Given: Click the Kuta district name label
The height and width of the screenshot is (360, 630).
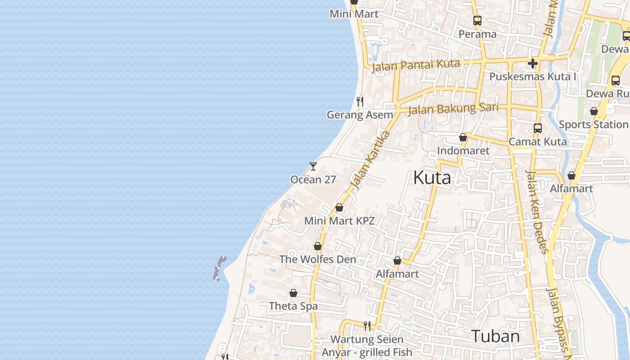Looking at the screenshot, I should tap(432, 178).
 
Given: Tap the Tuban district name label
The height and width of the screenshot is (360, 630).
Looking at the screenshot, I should tap(495, 336).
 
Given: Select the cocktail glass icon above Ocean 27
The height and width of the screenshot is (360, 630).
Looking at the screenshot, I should tap(313, 166).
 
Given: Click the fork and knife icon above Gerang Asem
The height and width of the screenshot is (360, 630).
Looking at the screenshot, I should tap(360, 102).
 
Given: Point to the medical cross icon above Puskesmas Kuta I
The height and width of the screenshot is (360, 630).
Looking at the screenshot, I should tap(533, 63).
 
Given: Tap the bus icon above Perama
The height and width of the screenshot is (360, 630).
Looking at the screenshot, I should tap(477, 21).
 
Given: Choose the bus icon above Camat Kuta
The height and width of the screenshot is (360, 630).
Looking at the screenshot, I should tap(537, 128).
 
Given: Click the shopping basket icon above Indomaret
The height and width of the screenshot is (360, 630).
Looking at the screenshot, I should tap(463, 137).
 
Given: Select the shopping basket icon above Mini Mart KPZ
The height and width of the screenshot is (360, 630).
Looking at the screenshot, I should tap(339, 207).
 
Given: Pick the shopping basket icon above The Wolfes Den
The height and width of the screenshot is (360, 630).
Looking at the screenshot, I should tap(318, 246).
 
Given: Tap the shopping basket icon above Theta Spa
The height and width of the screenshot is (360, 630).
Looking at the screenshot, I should tap(293, 293).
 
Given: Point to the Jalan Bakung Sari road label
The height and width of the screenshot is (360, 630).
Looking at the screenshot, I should tap(453, 108).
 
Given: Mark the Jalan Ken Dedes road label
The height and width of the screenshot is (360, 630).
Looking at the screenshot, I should tap(537, 211).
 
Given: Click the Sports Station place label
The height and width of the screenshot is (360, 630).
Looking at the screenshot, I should tap(593, 124).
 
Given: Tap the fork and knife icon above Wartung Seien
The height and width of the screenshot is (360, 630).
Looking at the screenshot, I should tap(367, 326).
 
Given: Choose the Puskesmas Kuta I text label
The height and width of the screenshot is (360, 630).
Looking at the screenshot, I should tap(533, 76).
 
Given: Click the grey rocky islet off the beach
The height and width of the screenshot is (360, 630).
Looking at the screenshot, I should tap(219, 268).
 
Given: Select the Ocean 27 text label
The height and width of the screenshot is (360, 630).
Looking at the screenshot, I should tap(313, 180).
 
